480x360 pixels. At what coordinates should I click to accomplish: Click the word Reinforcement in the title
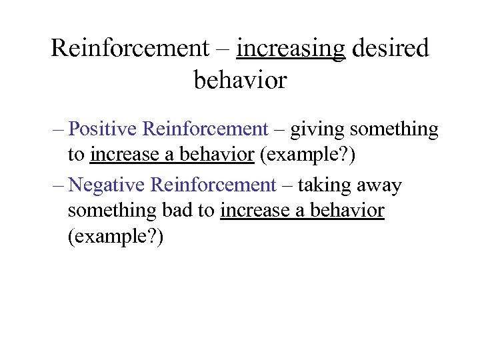point(130,48)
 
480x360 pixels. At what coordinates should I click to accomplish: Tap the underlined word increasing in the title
point(291,48)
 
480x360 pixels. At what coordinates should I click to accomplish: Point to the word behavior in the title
point(240,80)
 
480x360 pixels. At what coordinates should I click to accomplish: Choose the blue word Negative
point(107,184)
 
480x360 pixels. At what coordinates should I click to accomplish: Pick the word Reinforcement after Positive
point(205,129)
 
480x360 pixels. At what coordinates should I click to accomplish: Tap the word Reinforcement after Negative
point(213,184)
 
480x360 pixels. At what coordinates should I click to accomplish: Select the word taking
point(325,184)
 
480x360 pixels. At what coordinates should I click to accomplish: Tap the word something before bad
point(112,211)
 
